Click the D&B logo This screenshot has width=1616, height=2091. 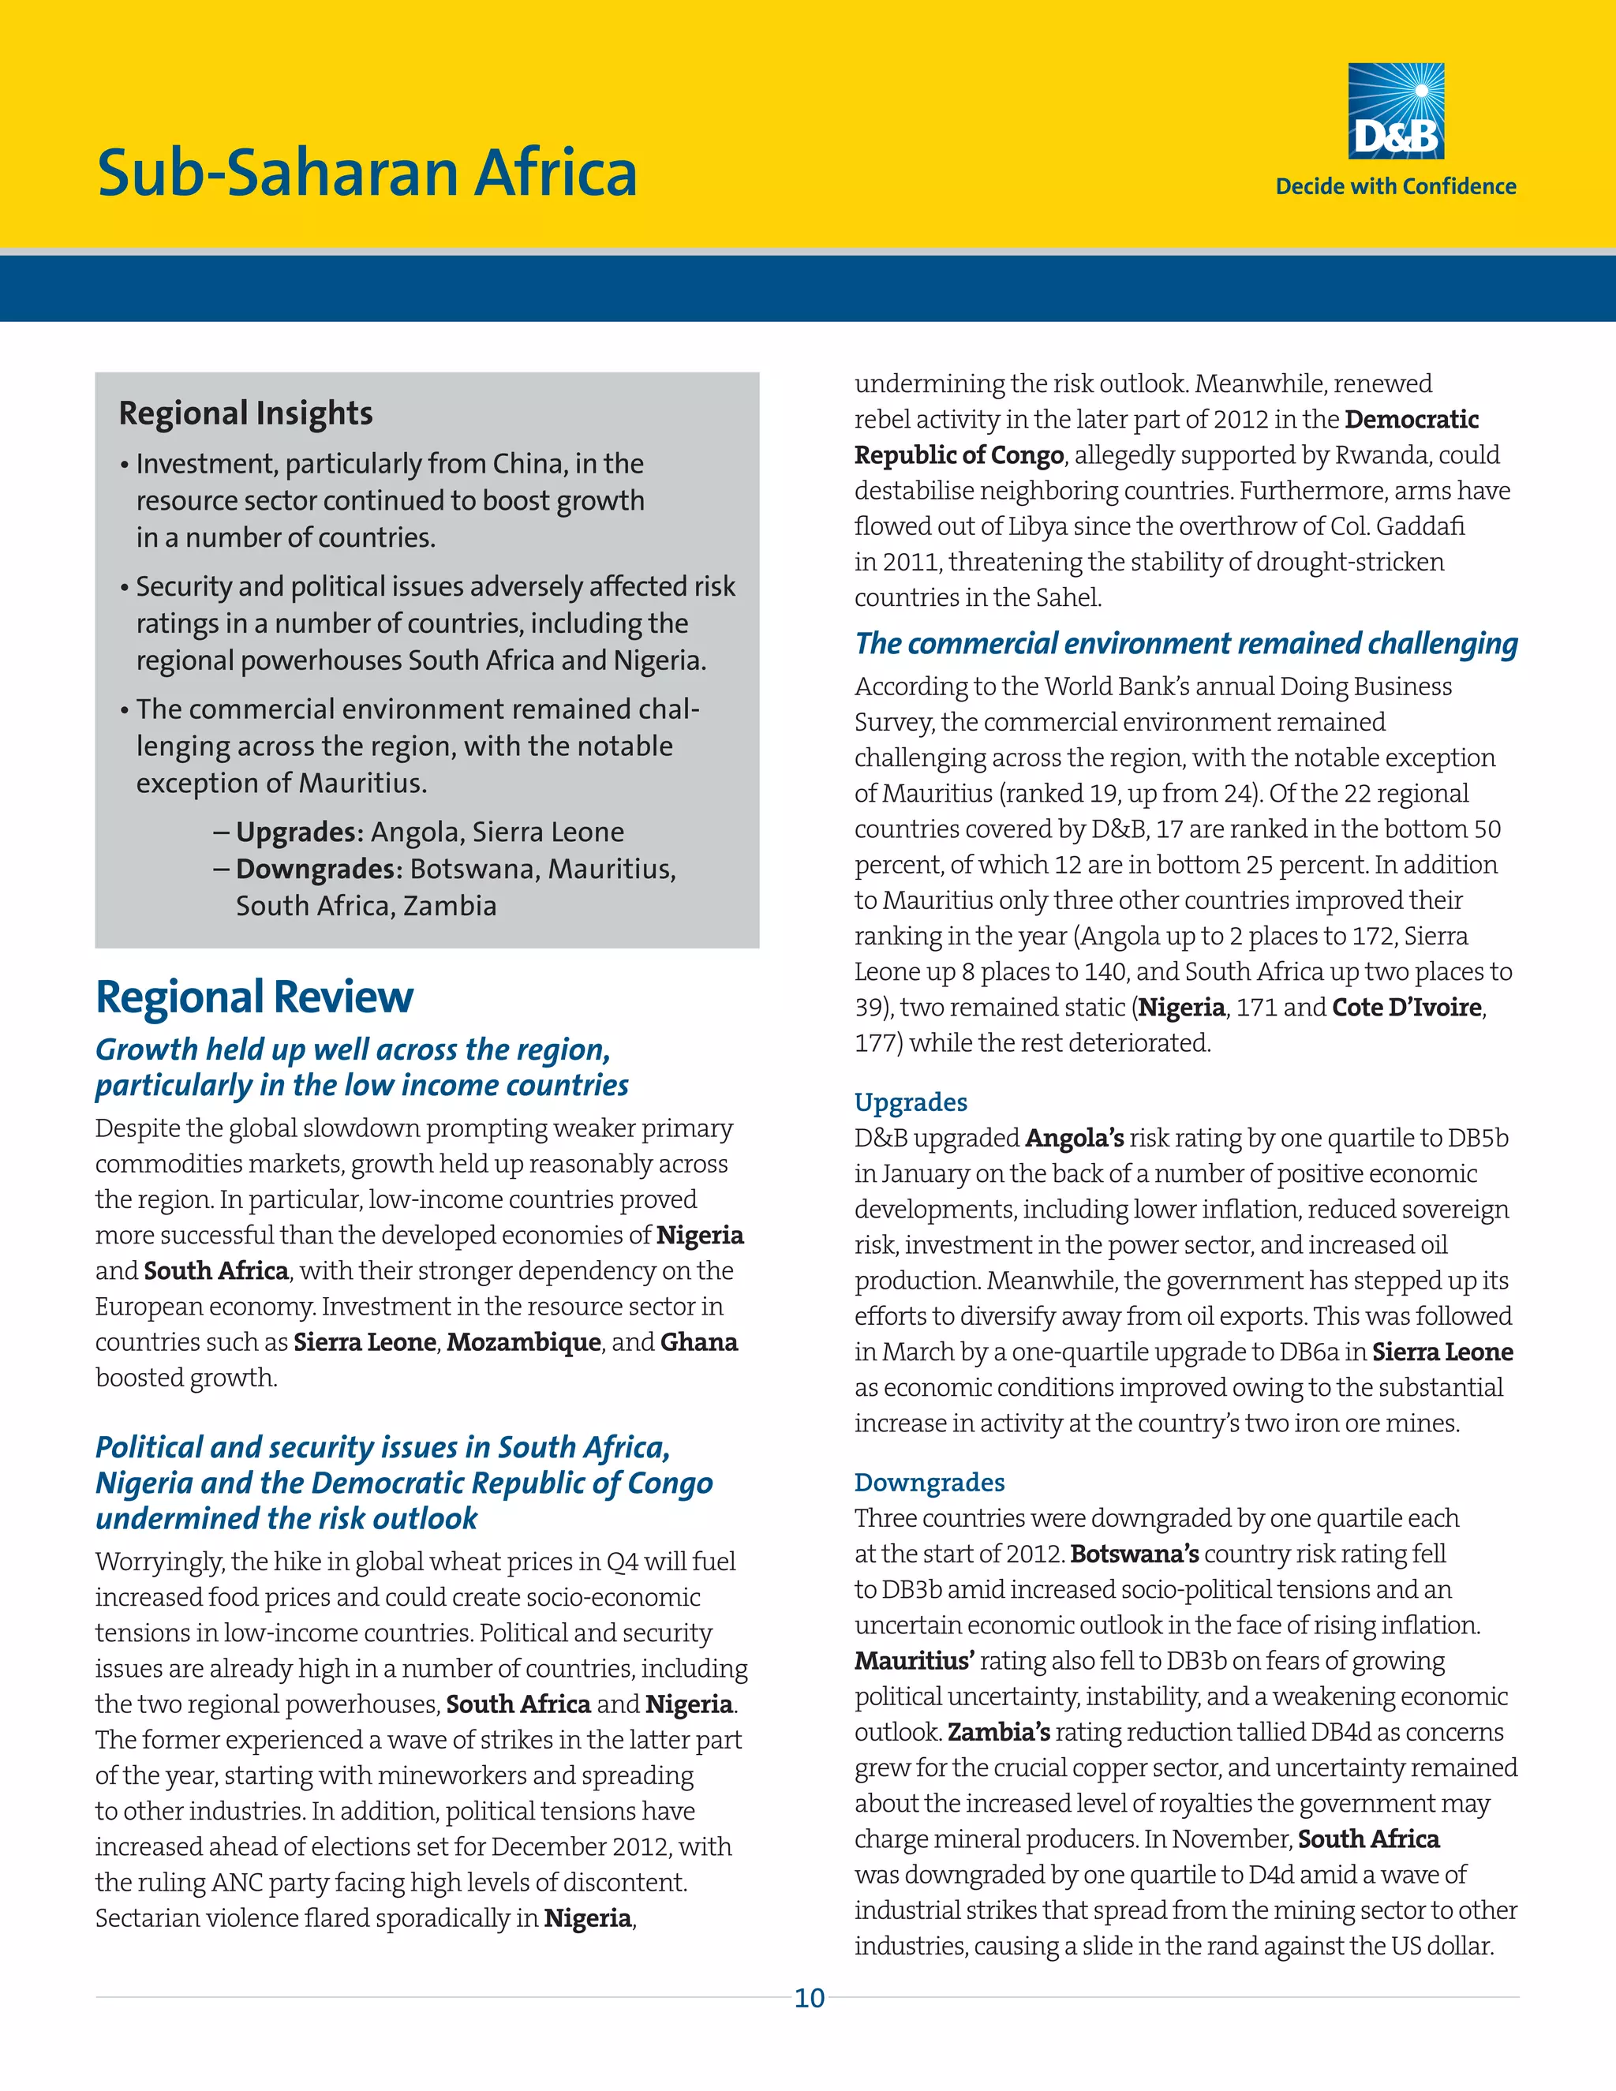click(1396, 111)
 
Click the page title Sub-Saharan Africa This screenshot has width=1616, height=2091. click(367, 174)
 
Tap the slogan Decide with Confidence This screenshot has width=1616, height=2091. click(1395, 187)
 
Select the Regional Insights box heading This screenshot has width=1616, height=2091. click(246, 413)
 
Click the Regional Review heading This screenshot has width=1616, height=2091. click(254, 997)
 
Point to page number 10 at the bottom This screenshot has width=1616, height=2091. click(809, 1998)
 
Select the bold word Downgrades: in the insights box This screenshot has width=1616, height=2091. click(320, 870)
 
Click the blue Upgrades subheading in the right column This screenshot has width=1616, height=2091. click(911, 1102)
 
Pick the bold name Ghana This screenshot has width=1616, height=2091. click(699, 1342)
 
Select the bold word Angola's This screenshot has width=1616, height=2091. click(1074, 1139)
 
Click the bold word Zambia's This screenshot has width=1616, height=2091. click(998, 1732)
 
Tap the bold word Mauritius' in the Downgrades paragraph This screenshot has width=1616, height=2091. click(915, 1661)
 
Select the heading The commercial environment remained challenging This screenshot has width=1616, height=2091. click(1186, 643)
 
